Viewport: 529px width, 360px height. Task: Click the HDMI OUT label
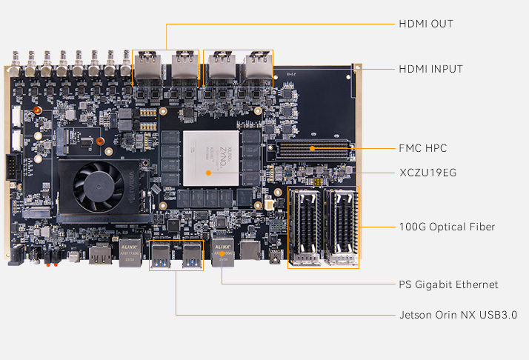(x=426, y=24)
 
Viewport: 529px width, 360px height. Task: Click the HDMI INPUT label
(x=430, y=69)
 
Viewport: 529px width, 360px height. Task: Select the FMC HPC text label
(x=423, y=148)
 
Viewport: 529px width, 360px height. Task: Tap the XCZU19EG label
(x=427, y=173)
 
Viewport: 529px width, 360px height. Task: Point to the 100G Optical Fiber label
(x=447, y=227)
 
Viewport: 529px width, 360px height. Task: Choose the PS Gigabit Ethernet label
(x=448, y=284)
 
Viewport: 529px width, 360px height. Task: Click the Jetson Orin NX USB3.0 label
(x=458, y=315)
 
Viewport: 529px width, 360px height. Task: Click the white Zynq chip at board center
(x=211, y=159)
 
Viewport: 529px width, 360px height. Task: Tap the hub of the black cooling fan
(x=99, y=186)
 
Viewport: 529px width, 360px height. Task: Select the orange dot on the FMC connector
(x=313, y=148)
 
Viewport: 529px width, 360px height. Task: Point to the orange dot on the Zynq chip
(x=208, y=173)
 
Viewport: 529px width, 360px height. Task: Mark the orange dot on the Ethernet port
(x=222, y=254)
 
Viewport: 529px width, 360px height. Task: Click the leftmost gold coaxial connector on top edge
(x=15, y=64)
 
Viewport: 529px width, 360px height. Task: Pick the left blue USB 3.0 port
(x=161, y=255)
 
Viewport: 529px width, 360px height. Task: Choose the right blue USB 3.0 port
(x=192, y=255)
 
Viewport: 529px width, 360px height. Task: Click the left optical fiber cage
(x=305, y=227)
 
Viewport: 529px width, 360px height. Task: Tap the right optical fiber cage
(x=340, y=227)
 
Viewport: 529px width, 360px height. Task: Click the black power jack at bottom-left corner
(x=16, y=255)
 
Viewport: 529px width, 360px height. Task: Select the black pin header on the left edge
(x=13, y=167)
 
